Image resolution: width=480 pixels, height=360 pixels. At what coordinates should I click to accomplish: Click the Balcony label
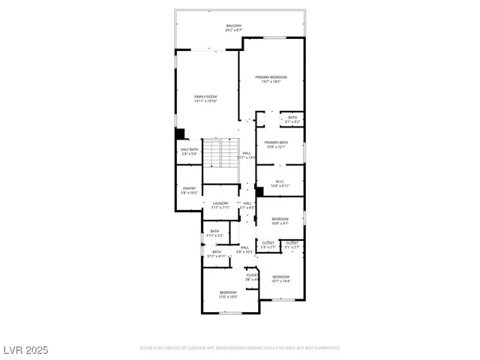pos(234,28)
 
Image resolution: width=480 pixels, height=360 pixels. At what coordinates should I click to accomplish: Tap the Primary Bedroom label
pos(271,79)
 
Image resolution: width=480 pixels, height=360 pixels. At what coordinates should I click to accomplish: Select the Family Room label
pos(205,98)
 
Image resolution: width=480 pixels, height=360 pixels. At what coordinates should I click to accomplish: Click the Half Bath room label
pos(190,151)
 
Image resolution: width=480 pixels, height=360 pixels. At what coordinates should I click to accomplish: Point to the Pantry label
pos(188,190)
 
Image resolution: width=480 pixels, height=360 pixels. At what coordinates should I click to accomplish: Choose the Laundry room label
pos(220,205)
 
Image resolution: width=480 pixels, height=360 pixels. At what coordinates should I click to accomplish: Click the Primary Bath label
pos(276,144)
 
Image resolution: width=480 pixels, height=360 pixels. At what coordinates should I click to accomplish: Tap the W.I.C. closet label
pos(278,182)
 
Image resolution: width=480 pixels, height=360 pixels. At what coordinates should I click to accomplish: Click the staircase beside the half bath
pos(220,154)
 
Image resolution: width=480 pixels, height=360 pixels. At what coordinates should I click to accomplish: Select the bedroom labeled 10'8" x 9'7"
pos(280,221)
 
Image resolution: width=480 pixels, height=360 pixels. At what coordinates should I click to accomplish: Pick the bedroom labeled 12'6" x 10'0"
pos(228,294)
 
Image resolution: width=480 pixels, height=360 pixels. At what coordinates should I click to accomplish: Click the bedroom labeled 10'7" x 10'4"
pos(280,279)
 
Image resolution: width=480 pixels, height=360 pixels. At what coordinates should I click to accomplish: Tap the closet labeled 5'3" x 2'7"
pos(268,244)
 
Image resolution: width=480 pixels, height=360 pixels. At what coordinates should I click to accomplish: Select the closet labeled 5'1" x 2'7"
pos(292,244)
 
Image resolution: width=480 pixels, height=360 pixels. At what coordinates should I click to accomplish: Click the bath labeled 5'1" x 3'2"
pos(292,118)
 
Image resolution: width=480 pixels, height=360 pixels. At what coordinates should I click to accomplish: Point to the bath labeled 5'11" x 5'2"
pos(214,232)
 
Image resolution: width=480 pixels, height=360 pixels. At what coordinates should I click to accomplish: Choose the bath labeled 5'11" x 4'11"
pos(216,253)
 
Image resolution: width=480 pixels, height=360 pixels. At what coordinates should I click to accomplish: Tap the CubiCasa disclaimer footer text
pos(240,348)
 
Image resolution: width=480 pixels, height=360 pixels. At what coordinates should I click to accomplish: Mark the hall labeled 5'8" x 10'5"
pos(244,249)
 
